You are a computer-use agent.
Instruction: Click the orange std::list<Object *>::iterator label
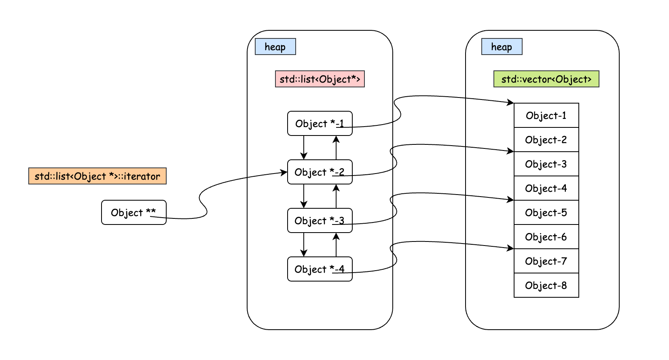[x=97, y=176]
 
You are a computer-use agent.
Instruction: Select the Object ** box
[x=133, y=212]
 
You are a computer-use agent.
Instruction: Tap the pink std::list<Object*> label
[x=320, y=79]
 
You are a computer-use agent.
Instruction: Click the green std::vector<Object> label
[x=546, y=79]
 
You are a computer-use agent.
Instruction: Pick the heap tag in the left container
[x=275, y=47]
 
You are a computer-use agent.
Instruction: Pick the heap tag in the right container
[x=502, y=47]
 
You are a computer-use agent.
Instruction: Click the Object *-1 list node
[x=320, y=123]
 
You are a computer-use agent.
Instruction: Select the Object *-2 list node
[x=320, y=172]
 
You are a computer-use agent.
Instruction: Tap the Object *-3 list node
[x=320, y=220]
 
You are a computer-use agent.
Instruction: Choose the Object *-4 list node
[x=320, y=269]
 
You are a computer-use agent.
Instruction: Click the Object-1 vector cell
[x=546, y=115]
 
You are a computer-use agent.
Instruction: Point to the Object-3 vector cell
[x=546, y=164]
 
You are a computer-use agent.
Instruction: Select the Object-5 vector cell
[x=546, y=212]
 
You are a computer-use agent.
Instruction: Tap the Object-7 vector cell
[x=546, y=261]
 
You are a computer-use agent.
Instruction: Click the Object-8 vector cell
[x=546, y=285]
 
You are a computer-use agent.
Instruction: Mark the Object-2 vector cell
[x=546, y=140]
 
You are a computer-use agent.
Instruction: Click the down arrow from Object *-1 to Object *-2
[x=304, y=148]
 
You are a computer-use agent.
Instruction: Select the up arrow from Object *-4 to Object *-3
[x=336, y=245]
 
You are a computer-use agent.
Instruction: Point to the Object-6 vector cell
[x=546, y=237]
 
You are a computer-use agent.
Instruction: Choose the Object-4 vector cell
[x=546, y=188]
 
